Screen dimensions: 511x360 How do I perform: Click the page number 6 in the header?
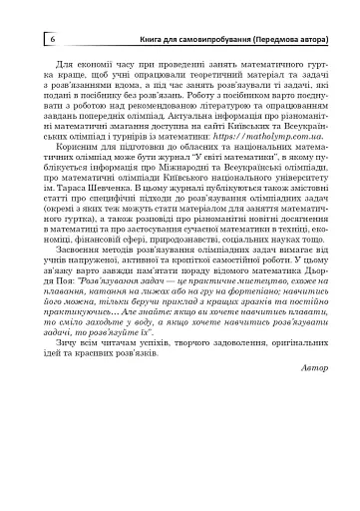point(51,38)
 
